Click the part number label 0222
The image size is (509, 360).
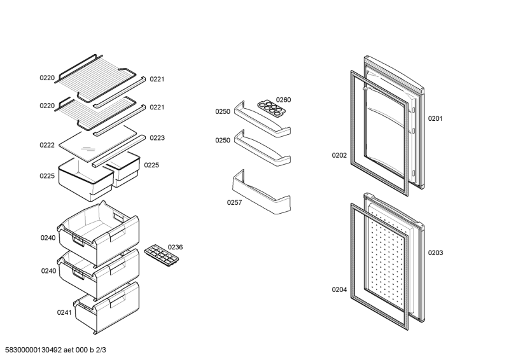[x=47, y=145]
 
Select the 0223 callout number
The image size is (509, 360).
[x=157, y=137]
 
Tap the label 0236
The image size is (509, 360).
[x=175, y=247]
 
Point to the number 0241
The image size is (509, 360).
[x=65, y=313]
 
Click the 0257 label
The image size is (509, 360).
[x=235, y=203]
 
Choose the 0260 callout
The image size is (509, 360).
[x=283, y=99]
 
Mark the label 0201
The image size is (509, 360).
[x=435, y=118]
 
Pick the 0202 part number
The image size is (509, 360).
[x=339, y=155]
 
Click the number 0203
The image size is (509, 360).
[x=435, y=253]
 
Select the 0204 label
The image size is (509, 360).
[x=339, y=290]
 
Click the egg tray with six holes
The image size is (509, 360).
[x=270, y=106]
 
